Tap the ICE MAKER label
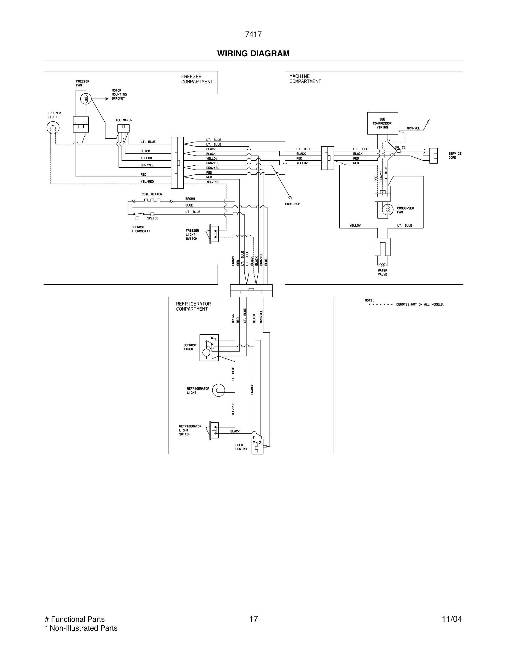tap(124, 120)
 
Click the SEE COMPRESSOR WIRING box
tap(382, 123)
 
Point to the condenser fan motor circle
tap(387, 210)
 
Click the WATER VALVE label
tap(382, 273)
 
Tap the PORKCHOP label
tap(292, 204)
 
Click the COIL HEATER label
tap(152, 194)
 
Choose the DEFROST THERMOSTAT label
tap(141, 229)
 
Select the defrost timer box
tap(209, 348)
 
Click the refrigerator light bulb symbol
tap(218, 390)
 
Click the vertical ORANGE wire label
tap(252, 389)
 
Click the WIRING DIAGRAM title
tap(253, 54)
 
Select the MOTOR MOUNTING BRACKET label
tap(119, 94)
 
